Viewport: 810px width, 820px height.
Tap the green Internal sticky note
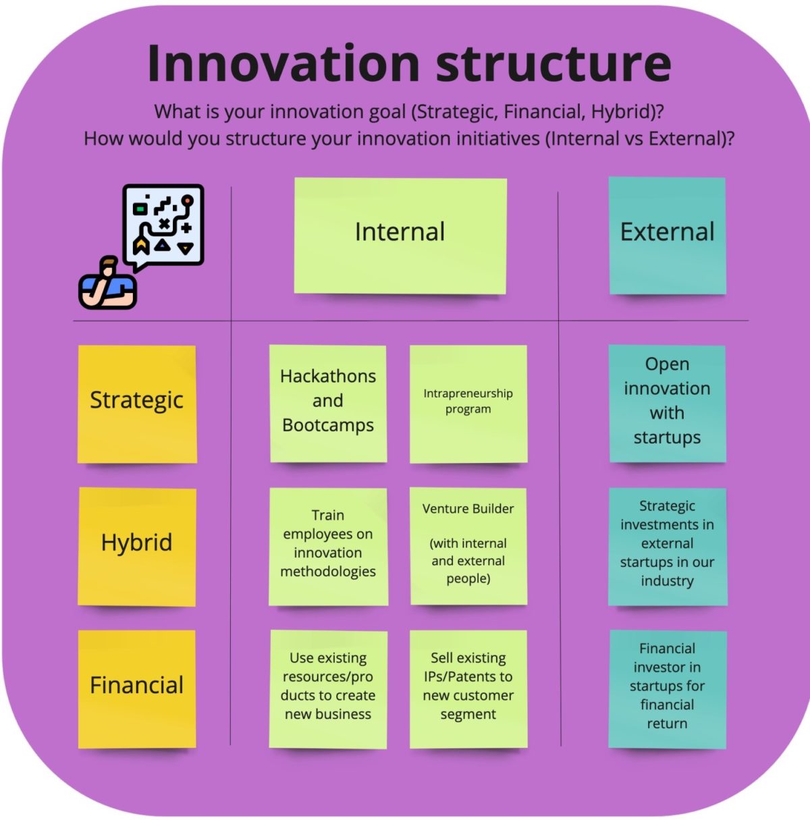(400, 236)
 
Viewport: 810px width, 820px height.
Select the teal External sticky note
(667, 236)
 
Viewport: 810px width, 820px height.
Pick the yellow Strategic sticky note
(137, 404)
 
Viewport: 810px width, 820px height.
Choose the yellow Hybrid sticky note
(137, 546)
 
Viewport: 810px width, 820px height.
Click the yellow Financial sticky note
(137, 688)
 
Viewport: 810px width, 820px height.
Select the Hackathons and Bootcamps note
(328, 403)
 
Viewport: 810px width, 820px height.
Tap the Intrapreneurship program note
(468, 403)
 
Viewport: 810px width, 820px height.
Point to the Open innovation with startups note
(667, 403)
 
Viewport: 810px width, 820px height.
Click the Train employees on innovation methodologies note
(328, 546)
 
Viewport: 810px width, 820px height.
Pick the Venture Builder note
(468, 546)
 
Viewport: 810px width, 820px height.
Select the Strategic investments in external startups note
(667, 546)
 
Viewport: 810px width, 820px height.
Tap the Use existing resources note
(328, 688)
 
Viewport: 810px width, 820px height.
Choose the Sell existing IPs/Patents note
(468, 688)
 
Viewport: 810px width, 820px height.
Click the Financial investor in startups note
(667, 688)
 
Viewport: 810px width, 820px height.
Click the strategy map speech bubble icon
(163, 226)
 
